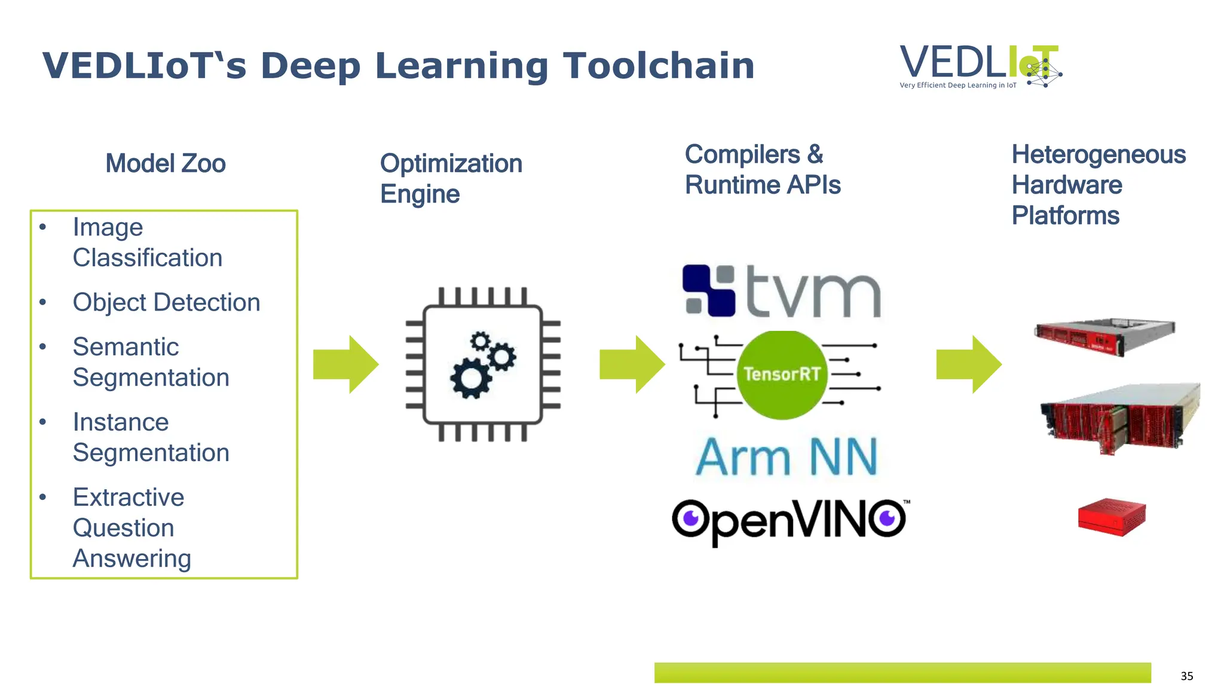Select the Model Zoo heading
(166, 164)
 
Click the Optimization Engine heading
(451, 179)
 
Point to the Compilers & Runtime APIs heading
(762, 170)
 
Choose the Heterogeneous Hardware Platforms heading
(1098, 185)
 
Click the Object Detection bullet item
(166, 302)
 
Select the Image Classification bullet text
(147, 242)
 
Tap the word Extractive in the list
(128, 497)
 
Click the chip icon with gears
(483, 364)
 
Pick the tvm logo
(782, 291)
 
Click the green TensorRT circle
(782, 374)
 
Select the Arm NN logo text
(787, 457)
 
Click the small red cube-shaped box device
(1112, 517)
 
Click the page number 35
(1186, 676)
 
